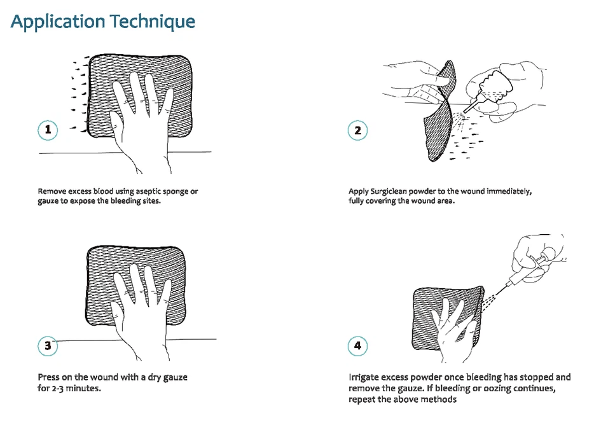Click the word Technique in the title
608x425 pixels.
coord(152,22)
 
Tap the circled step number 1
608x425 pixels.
coord(48,130)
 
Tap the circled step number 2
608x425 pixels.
coord(358,130)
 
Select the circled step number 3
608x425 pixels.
coord(48,346)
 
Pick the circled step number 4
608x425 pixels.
coord(358,346)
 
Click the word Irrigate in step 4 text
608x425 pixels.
coord(364,377)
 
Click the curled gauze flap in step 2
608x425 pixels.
coord(439,121)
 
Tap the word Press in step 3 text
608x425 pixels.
coord(49,377)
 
